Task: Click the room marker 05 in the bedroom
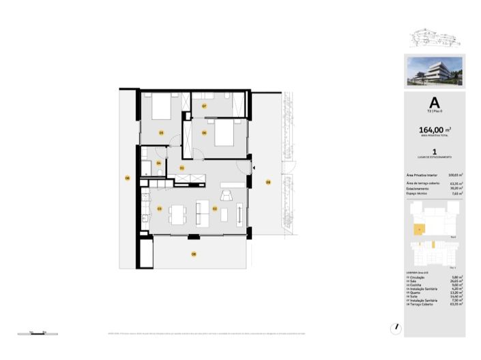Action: pos(161,132)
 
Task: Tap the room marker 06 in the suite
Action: pos(203,132)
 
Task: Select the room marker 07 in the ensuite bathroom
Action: pos(203,106)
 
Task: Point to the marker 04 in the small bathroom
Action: pos(158,163)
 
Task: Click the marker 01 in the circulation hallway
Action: pos(181,167)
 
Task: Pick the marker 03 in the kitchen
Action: pos(159,208)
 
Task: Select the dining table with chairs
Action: pos(177,214)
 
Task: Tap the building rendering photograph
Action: pos(435,71)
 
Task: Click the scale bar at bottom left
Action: pos(37,332)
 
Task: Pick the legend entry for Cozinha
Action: pos(418,285)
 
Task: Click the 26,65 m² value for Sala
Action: pos(457,281)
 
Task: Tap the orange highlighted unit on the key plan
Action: pos(420,231)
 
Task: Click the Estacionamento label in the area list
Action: pos(420,189)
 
